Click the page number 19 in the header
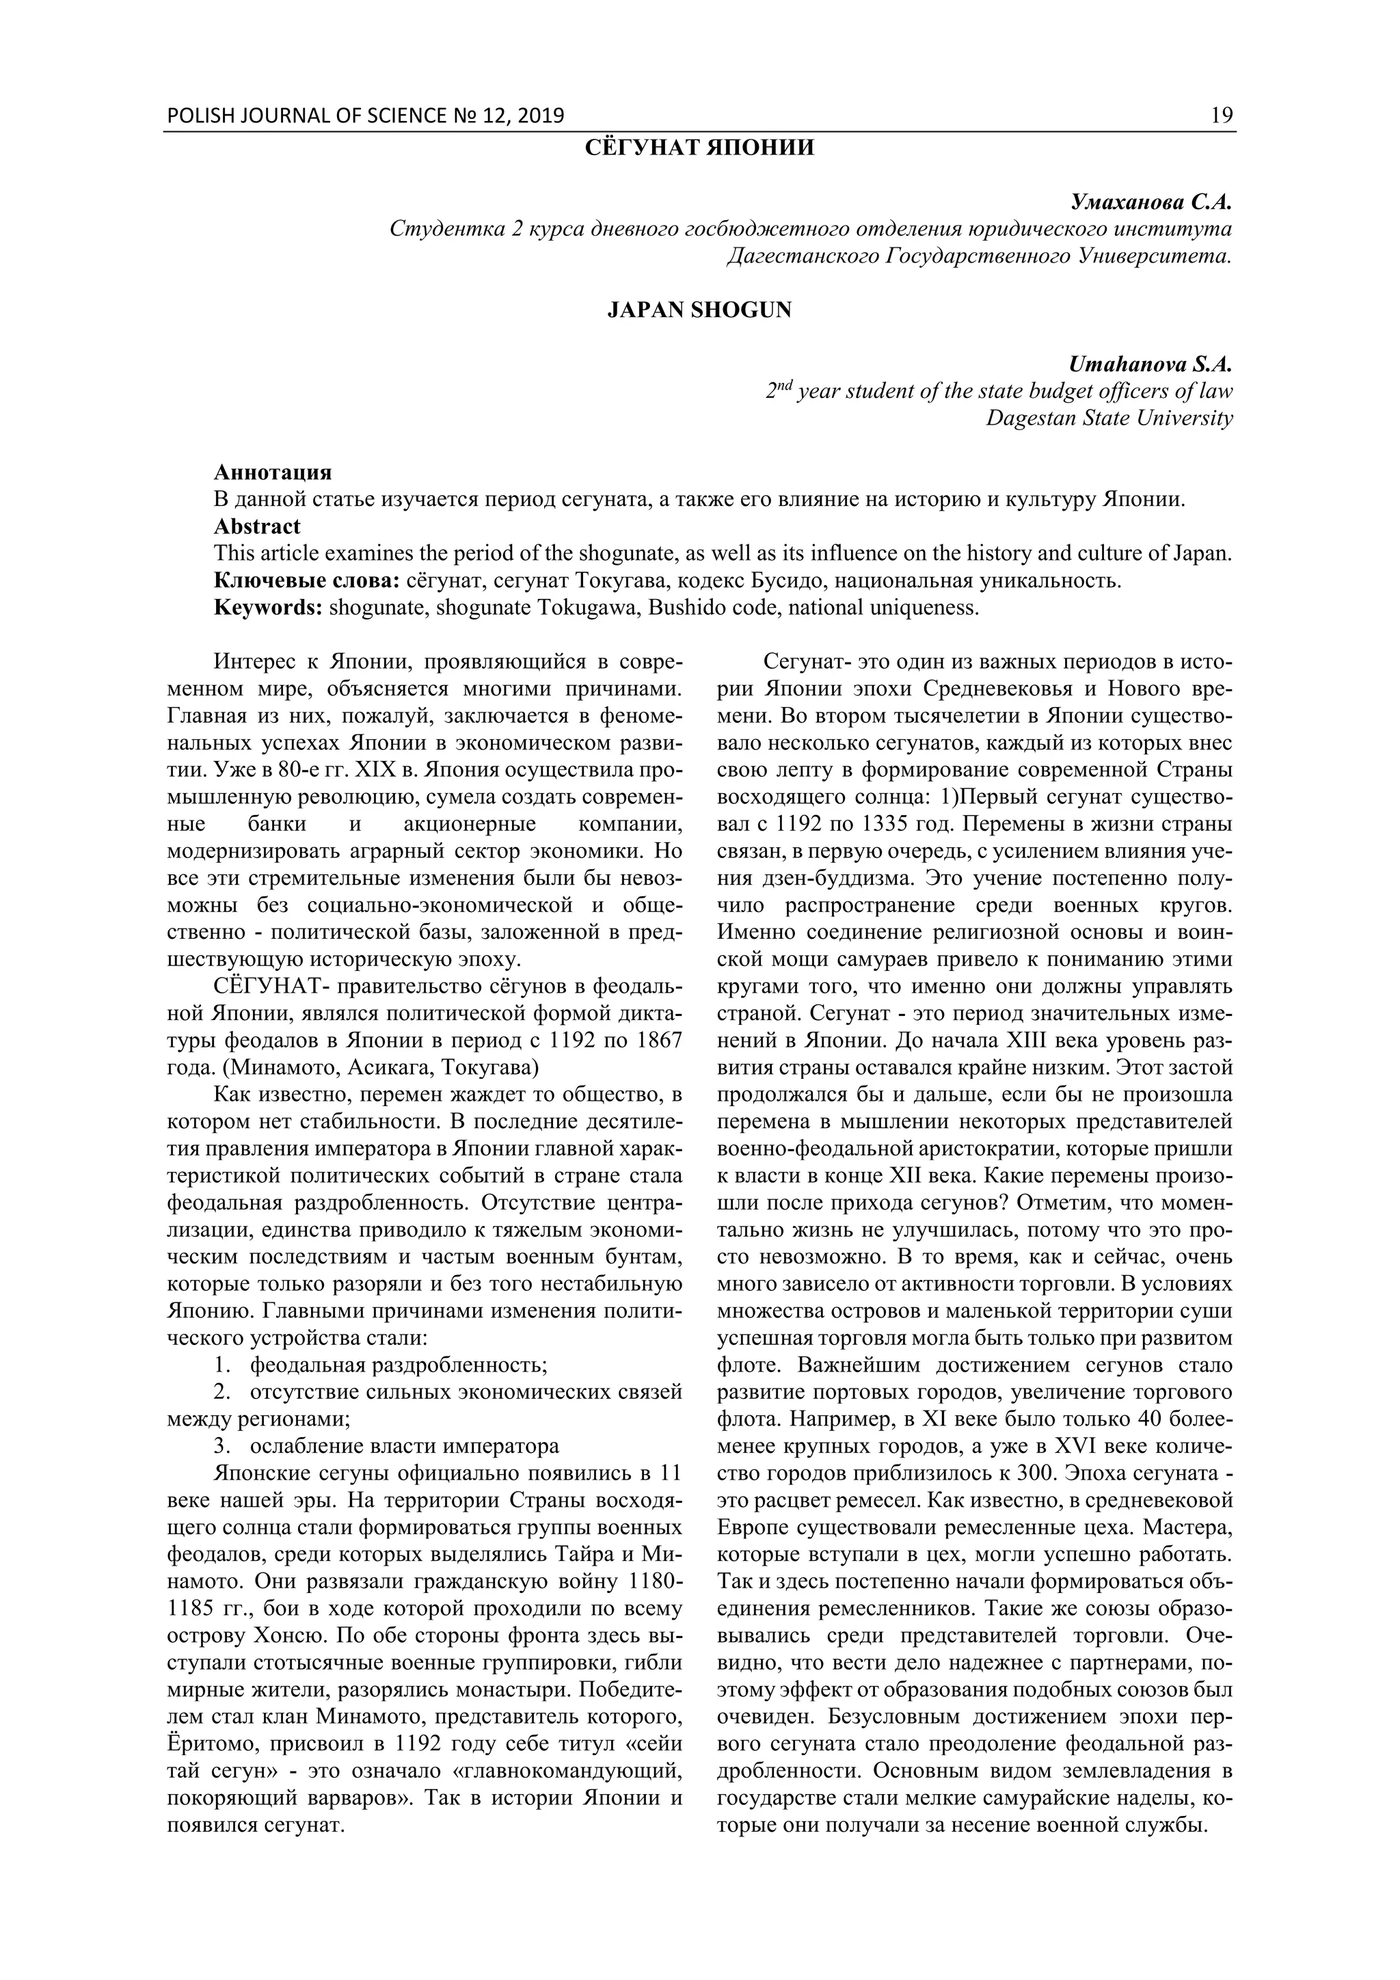point(1222,116)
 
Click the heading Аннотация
point(273,472)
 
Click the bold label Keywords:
point(268,607)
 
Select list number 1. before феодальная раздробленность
point(222,1365)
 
